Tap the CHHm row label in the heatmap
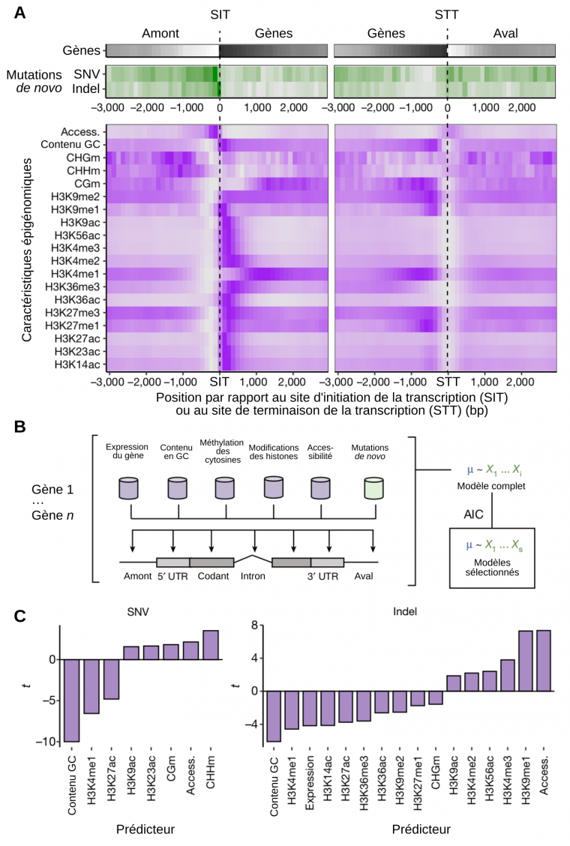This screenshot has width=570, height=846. [85, 169]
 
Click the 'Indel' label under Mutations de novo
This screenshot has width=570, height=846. [87, 89]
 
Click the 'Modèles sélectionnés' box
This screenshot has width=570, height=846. [491, 557]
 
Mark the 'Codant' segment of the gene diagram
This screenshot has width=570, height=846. [212, 562]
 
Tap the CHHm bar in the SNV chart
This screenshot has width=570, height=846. [211, 645]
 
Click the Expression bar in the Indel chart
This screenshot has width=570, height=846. [310, 707]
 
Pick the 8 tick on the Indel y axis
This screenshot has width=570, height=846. [254, 625]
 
